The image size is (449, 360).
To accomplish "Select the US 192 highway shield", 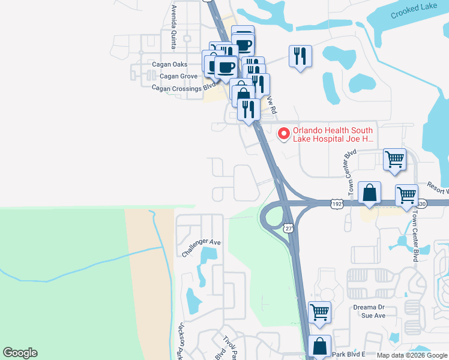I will point(337,205).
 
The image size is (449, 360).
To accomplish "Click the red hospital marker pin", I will point(284,134).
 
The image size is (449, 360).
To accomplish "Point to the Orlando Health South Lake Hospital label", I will point(333,134).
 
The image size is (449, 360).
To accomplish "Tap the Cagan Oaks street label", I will point(170,64).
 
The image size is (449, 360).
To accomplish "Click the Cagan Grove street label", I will point(179,76).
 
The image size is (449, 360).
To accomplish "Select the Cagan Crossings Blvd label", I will point(183,88).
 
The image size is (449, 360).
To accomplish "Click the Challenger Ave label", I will point(202,249).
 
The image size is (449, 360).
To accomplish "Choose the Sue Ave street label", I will point(374,315).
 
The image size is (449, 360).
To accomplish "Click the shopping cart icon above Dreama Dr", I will point(320,312).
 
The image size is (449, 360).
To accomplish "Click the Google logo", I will point(20,353).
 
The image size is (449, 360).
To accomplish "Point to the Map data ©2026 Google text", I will point(412,355).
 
